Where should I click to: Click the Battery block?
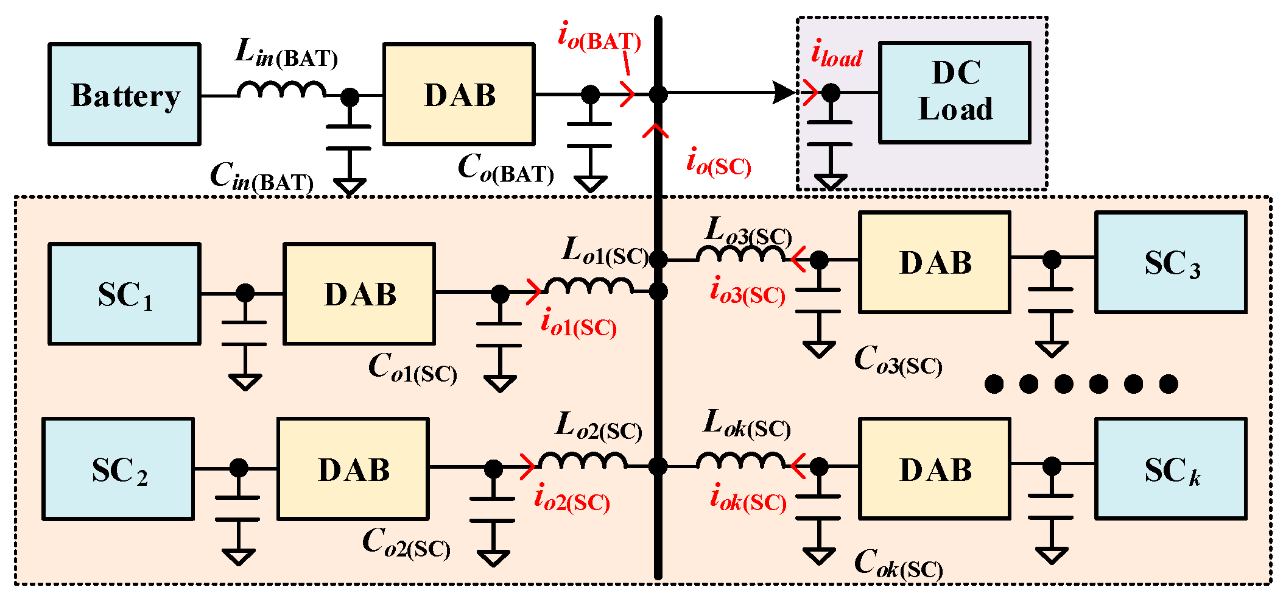coord(124,94)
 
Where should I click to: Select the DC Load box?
coord(954,93)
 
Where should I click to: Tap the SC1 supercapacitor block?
coord(124,294)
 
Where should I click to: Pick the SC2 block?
coord(118,469)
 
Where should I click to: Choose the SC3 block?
coord(1170,263)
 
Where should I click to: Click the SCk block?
coord(1170,469)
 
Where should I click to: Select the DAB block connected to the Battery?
coord(459,94)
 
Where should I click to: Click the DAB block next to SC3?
coord(935,263)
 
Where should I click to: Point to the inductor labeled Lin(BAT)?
coord(281,90)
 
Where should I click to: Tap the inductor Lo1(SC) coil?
coord(589,285)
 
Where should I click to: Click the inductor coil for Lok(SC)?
coord(741,460)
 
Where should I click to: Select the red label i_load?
coord(837,55)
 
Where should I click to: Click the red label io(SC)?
coord(719,163)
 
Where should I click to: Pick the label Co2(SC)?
coord(406,542)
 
